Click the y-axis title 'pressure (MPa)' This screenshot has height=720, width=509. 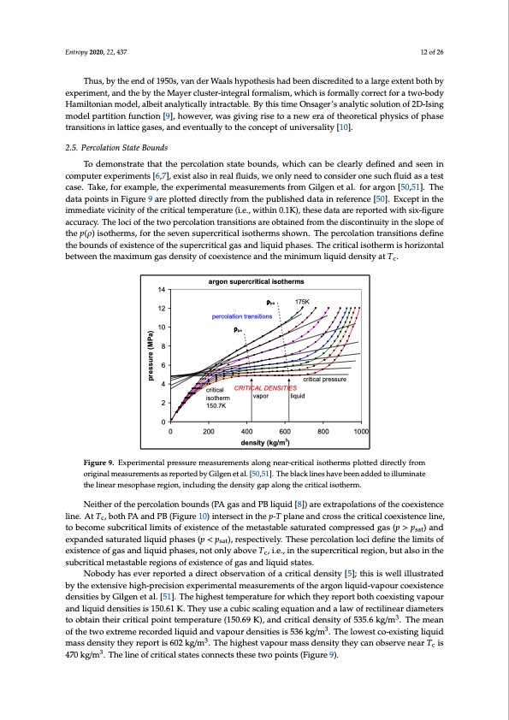pos(150,357)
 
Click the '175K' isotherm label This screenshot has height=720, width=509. pos(303,302)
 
